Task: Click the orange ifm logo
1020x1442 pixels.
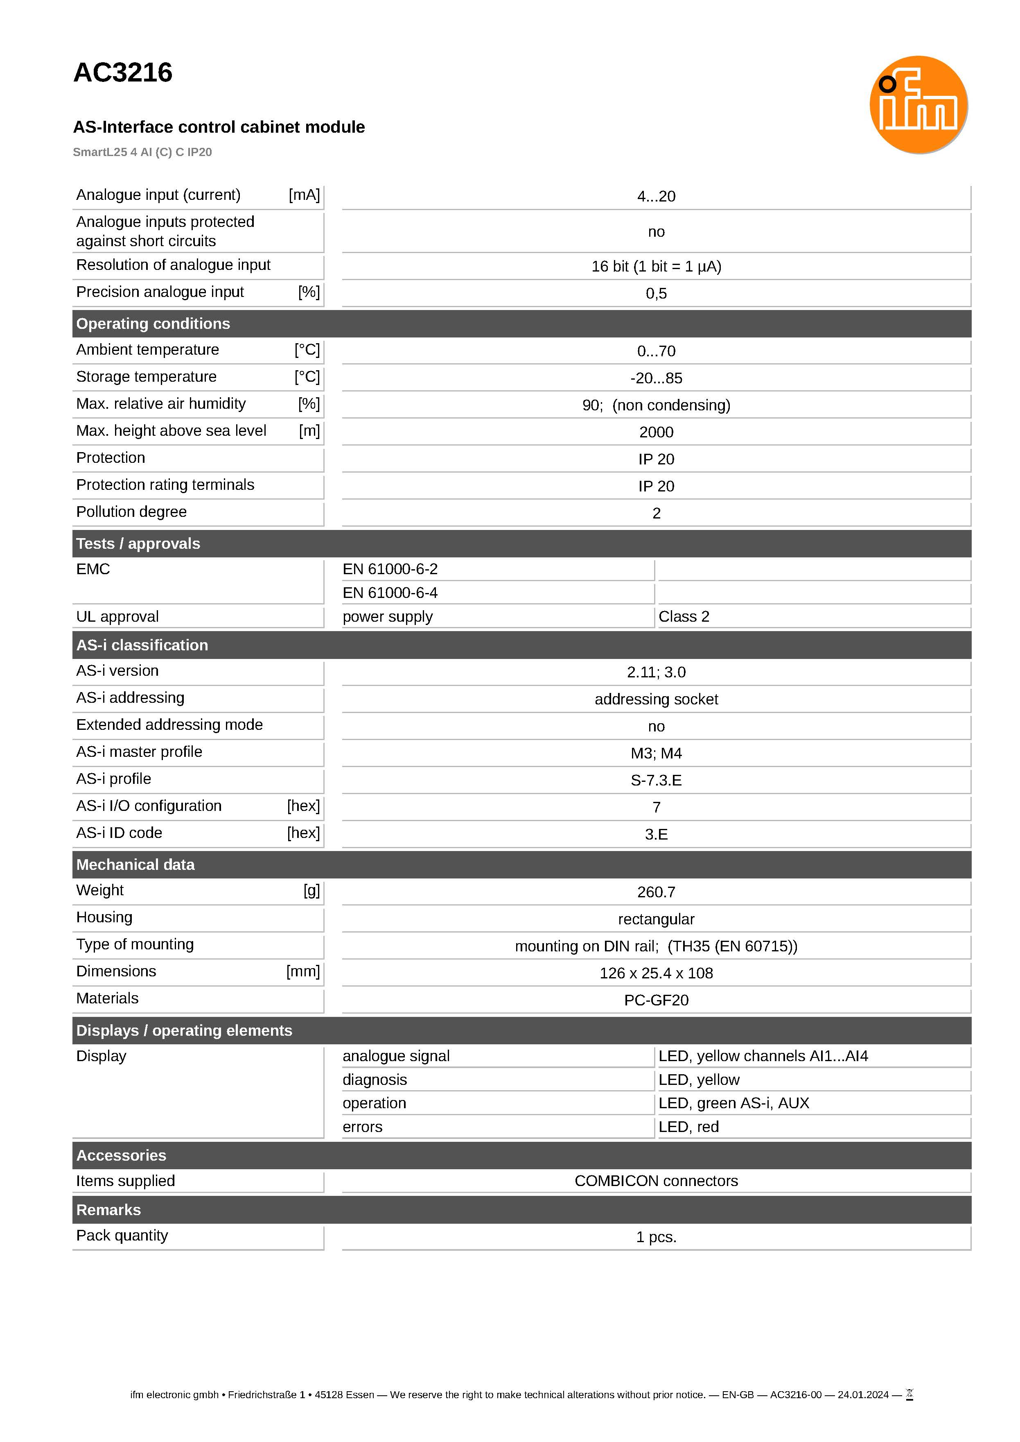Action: click(x=918, y=105)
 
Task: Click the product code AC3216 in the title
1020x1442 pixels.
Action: click(x=123, y=73)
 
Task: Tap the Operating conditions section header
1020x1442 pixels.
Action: click(x=153, y=324)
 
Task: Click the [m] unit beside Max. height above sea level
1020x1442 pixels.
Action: click(x=309, y=431)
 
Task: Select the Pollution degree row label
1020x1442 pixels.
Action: click(x=131, y=512)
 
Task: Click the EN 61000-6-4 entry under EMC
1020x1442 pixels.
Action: click(x=390, y=593)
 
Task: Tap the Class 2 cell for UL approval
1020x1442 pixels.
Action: click(x=684, y=616)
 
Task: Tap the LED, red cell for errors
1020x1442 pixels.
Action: click(x=688, y=1127)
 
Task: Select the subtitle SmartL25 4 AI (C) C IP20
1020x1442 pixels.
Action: click(x=142, y=152)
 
